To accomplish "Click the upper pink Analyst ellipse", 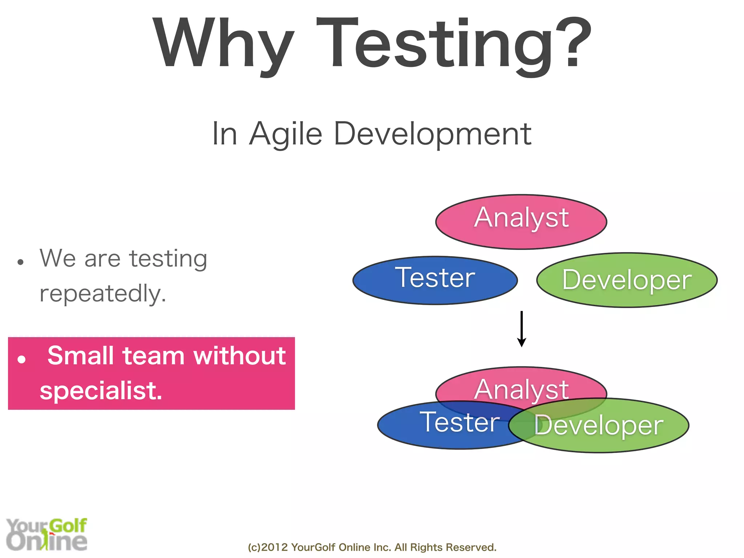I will click(521, 222).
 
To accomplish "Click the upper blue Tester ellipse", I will click(435, 280).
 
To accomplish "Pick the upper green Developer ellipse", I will click(627, 280).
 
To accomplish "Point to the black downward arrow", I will click(521, 329).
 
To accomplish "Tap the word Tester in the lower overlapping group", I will click(460, 422).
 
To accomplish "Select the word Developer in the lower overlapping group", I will click(599, 425).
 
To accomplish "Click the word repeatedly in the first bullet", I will click(103, 294).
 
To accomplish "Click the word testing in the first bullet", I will click(168, 259).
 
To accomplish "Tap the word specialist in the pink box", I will click(101, 391).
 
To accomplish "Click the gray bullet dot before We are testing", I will click(20, 262).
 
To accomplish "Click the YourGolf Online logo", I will click(46, 534).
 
